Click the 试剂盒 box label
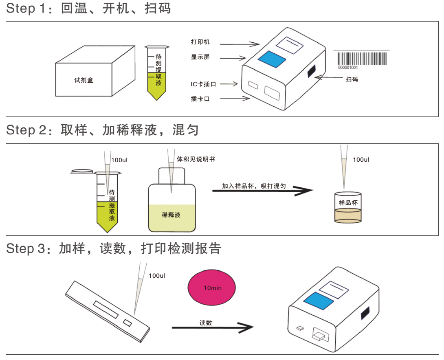point(84,80)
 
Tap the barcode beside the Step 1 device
point(361,59)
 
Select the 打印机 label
point(200,42)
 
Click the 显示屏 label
point(200,57)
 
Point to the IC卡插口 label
point(203,84)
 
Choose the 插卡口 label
point(200,99)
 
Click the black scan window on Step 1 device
point(312,71)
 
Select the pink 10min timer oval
point(212,288)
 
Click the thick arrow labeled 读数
point(212,327)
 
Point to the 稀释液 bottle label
point(171,215)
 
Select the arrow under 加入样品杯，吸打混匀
point(263,190)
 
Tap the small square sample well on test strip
point(127,323)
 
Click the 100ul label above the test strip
point(157,276)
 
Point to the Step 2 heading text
point(102,130)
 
